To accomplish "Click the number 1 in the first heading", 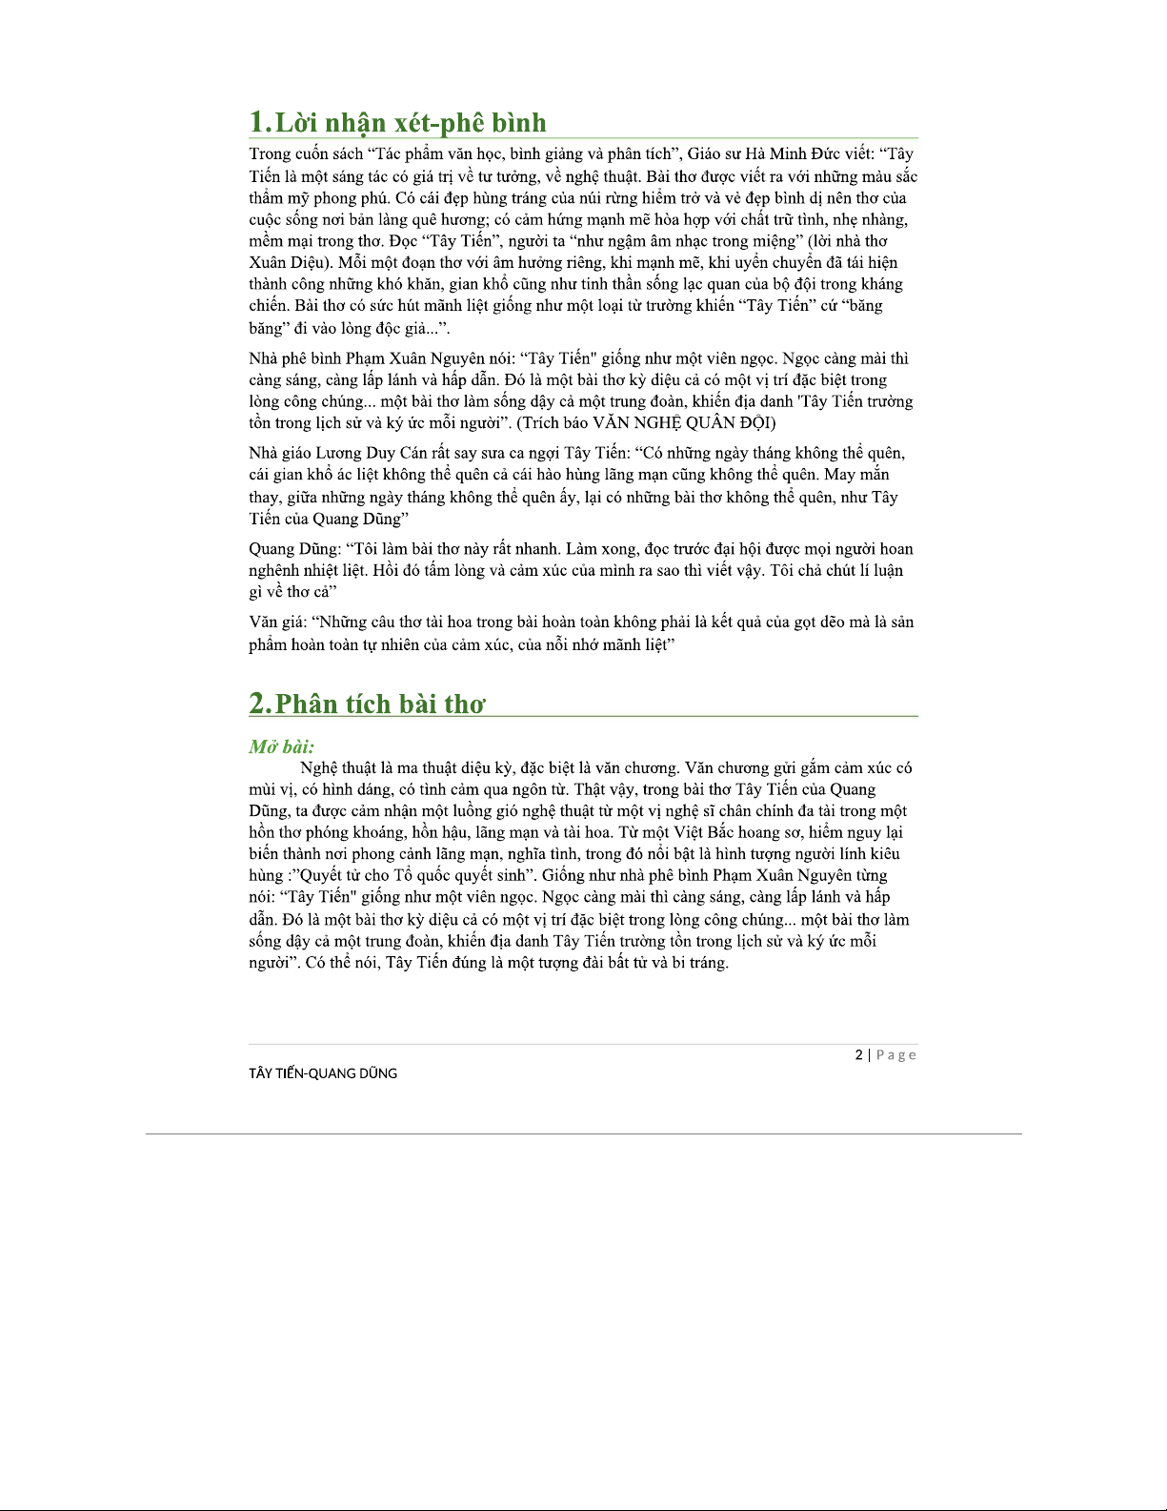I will [258, 123].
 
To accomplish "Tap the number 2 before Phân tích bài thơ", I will [259, 704].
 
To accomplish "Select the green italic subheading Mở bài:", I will [282, 746].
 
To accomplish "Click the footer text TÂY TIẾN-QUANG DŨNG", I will [323, 1073].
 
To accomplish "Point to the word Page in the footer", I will [896, 1054].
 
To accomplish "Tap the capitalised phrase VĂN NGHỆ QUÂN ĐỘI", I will [683, 422].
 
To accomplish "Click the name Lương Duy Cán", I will [367, 453].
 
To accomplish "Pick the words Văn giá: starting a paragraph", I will [277, 623].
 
